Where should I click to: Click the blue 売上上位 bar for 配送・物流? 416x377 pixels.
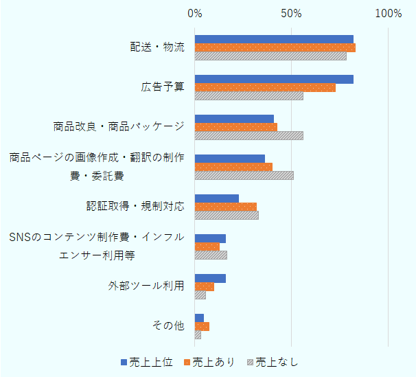tap(274, 39)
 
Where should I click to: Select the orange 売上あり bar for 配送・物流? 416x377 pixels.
tap(275, 48)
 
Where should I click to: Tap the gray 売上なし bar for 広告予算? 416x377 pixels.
tap(249, 96)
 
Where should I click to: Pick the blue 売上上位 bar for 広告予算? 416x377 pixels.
tap(274, 79)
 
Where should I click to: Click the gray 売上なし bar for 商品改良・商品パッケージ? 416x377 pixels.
tap(249, 136)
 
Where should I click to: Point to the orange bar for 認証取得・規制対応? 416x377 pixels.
tap(225, 207)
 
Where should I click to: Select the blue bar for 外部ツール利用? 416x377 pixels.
tap(210, 278)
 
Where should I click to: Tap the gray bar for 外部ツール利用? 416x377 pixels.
tap(200, 295)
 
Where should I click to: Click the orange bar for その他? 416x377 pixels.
tap(202, 326)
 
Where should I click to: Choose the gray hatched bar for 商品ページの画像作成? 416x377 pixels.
tap(244, 175)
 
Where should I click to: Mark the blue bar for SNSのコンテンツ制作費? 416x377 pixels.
tap(210, 238)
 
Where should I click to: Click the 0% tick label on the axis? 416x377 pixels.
tap(195, 13)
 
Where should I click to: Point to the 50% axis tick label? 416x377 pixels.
tap(292, 13)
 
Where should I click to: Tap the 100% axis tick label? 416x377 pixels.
tap(389, 13)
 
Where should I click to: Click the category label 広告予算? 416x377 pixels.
tap(163, 87)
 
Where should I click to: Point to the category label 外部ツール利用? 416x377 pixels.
tap(146, 286)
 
